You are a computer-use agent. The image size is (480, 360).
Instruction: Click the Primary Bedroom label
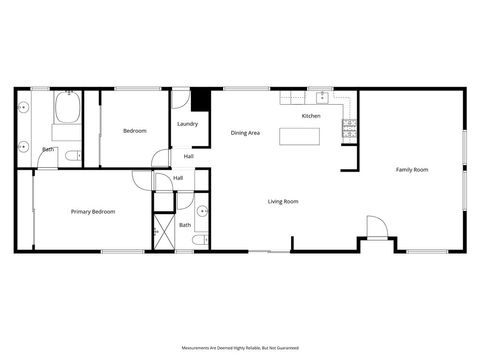click(92, 211)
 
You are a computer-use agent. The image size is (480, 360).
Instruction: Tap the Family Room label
click(412, 170)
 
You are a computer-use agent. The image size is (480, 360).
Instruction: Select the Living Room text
click(283, 202)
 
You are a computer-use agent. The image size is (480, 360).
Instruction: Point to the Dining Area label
click(246, 133)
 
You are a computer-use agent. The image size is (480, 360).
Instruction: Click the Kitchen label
click(311, 117)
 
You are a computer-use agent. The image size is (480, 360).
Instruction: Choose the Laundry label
click(187, 124)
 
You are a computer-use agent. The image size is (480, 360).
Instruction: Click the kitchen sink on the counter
click(322, 97)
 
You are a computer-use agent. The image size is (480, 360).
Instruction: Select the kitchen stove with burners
click(349, 127)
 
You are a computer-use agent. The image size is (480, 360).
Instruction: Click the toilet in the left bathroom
click(70, 155)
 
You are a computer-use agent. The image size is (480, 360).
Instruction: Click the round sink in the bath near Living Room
click(202, 212)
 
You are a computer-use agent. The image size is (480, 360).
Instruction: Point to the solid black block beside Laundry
click(201, 100)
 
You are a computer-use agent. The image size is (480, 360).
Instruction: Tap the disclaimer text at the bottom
click(239, 347)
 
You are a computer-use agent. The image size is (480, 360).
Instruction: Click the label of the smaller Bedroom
click(135, 131)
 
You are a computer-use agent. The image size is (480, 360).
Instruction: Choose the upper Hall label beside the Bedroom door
click(189, 156)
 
